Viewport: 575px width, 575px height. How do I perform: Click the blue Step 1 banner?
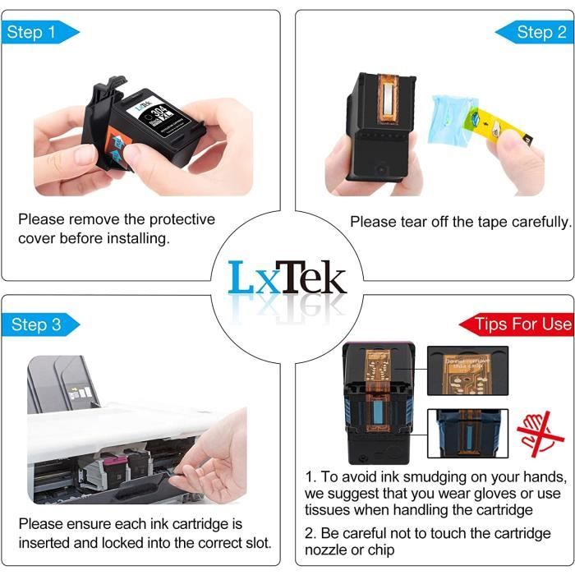pyautogui.click(x=38, y=33)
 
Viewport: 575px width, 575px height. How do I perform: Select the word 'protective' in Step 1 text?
pyautogui.click(x=154, y=219)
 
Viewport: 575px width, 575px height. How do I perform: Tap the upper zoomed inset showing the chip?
pyautogui.click(x=467, y=370)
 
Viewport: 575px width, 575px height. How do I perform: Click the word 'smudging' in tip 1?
pyautogui.click(x=423, y=477)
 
